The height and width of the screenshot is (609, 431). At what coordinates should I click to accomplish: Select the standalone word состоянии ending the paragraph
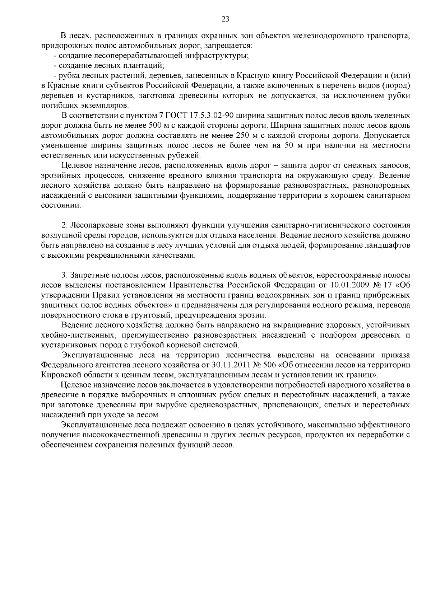[61, 206]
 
